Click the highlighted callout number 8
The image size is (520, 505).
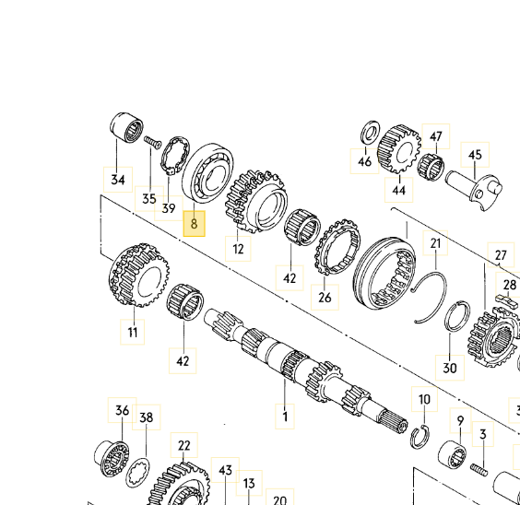(x=194, y=224)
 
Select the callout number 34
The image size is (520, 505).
(x=118, y=180)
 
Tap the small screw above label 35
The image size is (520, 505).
(x=152, y=142)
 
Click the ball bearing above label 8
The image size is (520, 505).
(x=208, y=173)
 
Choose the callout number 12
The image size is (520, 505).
(x=238, y=249)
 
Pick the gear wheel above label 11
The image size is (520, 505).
(x=138, y=275)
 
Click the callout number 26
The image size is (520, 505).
(x=325, y=297)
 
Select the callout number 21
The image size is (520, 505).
(x=435, y=243)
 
